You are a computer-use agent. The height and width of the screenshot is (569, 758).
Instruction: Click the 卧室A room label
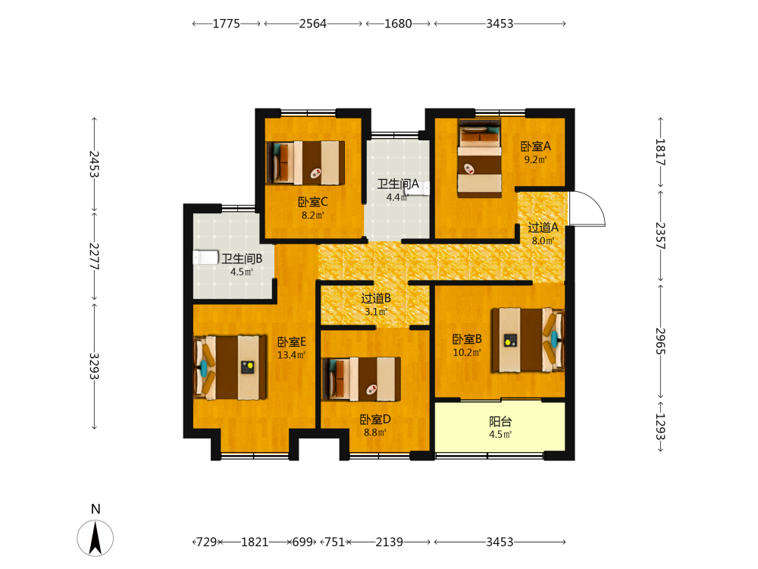pyautogui.click(x=536, y=146)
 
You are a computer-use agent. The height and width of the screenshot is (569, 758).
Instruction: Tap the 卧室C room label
pyautogui.click(x=313, y=203)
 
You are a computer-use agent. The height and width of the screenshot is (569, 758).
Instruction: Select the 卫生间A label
pyautogui.click(x=398, y=184)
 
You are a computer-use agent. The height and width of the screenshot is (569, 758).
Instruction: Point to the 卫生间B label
pyautogui.click(x=242, y=259)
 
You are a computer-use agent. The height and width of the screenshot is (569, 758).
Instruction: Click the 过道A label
pyautogui.click(x=543, y=228)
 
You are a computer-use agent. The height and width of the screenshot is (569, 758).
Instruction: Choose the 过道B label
pyautogui.click(x=376, y=298)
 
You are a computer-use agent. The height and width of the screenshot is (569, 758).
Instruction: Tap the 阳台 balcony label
pyautogui.click(x=500, y=421)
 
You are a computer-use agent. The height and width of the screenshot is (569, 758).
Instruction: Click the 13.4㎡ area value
pyautogui.click(x=291, y=355)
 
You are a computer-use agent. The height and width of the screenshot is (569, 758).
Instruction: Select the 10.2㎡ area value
pyautogui.click(x=467, y=353)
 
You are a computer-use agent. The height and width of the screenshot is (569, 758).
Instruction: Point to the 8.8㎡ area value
pyautogui.click(x=375, y=432)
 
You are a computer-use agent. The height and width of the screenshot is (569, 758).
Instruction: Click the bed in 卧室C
pyautogui.click(x=305, y=163)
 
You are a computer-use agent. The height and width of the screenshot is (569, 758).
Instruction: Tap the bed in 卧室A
pyautogui.click(x=480, y=159)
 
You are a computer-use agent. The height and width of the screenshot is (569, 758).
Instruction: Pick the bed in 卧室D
pyautogui.click(x=361, y=379)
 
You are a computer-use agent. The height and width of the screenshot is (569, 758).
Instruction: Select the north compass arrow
pyautogui.click(x=96, y=538)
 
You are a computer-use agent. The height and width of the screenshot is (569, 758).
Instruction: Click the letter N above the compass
pyautogui.click(x=96, y=509)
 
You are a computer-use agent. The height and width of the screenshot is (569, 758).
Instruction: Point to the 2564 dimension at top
pyautogui.click(x=313, y=24)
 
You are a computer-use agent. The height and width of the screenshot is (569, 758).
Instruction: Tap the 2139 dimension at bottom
pyautogui.click(x=389, y=542)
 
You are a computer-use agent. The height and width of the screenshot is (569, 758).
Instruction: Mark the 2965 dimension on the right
pyautogui.click(x=660, y=341)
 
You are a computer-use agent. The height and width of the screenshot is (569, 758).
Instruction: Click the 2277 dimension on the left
pyautogui.click(x=94, y=256)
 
